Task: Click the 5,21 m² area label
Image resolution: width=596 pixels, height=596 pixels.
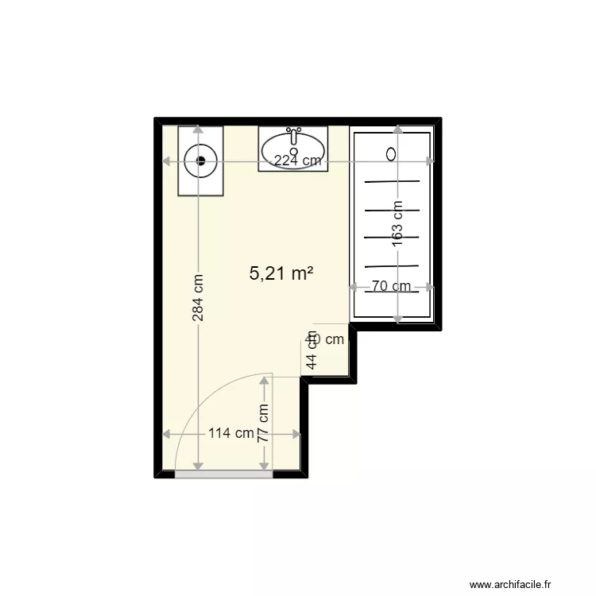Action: [281, 274]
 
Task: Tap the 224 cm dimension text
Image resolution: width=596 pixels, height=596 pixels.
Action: [298, 161]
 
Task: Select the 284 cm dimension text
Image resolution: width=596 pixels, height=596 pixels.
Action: [198, 298]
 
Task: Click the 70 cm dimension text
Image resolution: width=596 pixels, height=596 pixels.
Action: [393, 286]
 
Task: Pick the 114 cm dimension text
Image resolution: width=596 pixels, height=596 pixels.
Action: [231, 434]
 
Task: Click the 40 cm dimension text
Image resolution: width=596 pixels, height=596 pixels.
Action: [325, 339]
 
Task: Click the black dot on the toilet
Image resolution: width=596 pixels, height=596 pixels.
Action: [201, 160]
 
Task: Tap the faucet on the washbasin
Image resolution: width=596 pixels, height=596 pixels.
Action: [294, 136]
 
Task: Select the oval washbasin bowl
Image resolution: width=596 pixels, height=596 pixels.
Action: [293, 149]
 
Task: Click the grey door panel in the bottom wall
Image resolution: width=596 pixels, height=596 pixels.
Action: [223, 474]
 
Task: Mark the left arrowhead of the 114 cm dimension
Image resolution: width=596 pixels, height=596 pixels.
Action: [166, 434]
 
